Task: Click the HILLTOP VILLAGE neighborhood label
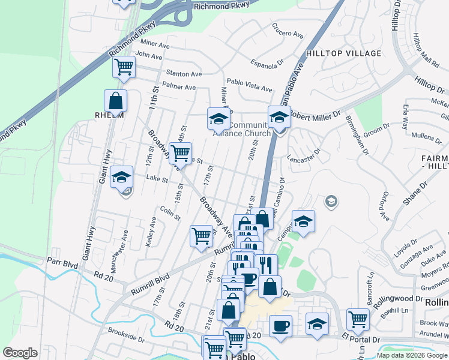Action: (343, 53)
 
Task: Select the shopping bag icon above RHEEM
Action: (116, 101)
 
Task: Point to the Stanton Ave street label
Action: (179, 74)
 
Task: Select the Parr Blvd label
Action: (62, 262)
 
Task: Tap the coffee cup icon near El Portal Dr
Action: (280, 326)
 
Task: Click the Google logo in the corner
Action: (20, 353)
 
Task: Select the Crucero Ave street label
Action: (288, 31)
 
